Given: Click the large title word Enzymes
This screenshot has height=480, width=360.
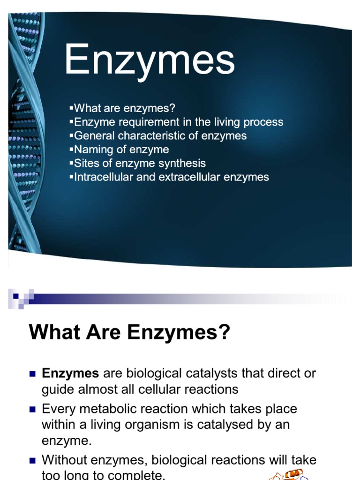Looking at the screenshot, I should click(x=149, y=60).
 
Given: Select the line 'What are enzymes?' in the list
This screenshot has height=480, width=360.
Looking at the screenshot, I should click(x=124, y=108).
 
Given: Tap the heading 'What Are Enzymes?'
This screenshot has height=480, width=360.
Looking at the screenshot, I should click(x=130, y=332).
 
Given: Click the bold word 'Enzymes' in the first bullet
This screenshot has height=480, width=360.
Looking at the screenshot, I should click(x=70, y=374).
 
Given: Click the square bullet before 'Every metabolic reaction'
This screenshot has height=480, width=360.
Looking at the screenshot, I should click(x=32, y=409).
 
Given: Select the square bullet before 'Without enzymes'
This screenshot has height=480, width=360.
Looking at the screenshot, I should click(x=32, y=460).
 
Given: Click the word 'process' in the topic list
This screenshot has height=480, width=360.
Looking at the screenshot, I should click(x=261, y=122).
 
